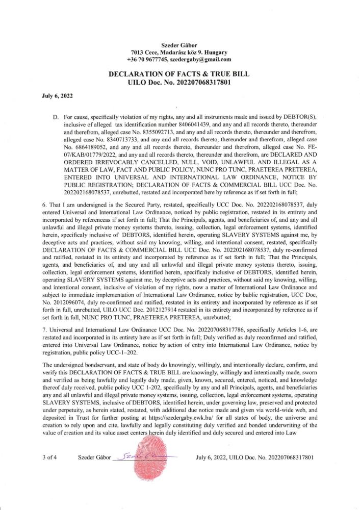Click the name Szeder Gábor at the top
(x=179, y=45)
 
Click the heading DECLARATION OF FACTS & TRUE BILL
(x=179, y=74)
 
